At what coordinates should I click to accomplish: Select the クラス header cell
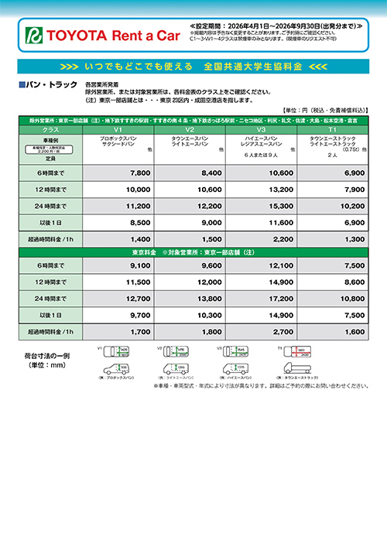[50, 130]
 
